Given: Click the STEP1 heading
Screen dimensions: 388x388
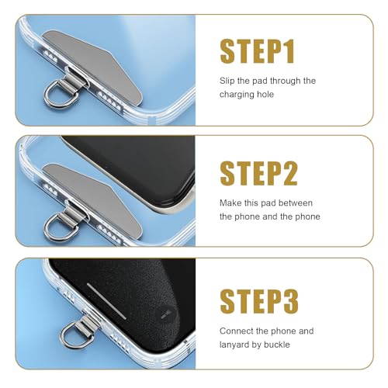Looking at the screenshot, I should tap(258, 51).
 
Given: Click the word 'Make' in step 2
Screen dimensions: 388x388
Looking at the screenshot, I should tap(232, 203).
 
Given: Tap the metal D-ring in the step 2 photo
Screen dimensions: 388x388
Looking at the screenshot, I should tap(59, 225).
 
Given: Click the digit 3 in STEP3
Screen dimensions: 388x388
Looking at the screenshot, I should tap(289, 300).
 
